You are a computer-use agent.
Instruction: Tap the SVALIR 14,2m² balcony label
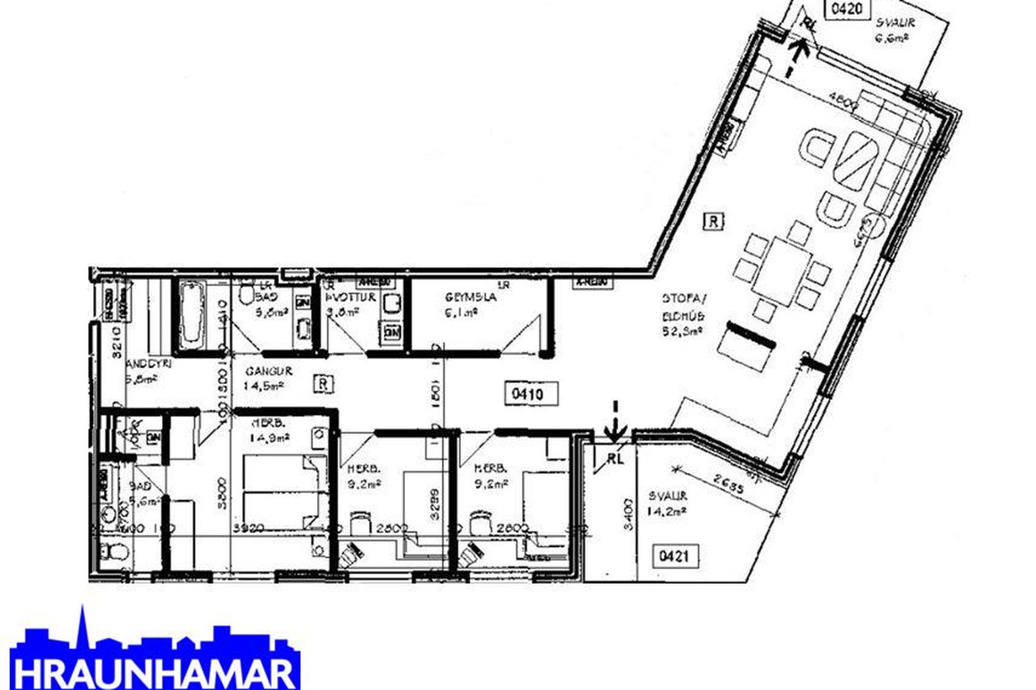668,503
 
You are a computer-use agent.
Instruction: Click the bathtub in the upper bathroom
192,317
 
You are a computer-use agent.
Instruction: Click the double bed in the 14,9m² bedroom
285,492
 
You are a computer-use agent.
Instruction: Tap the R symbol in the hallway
323,384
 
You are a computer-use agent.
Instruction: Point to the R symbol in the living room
713,222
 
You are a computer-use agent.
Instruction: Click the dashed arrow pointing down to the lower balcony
615,420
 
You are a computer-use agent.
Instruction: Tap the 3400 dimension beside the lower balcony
627,514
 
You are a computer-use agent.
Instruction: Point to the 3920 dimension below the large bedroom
249,529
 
